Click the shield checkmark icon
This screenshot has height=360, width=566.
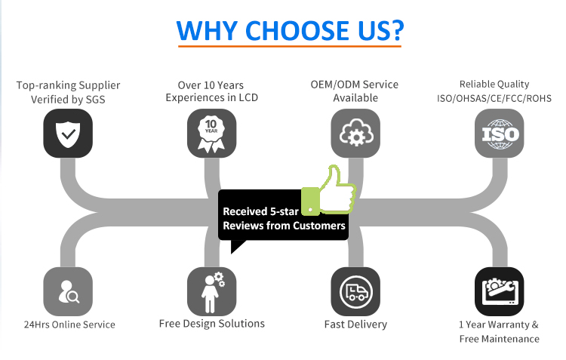point(68,134)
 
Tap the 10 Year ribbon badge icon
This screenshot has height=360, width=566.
point(211,134)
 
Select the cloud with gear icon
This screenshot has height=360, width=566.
point(355,134)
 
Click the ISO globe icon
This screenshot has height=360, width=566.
point(500,134)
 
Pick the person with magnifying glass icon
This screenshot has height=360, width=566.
point(68,292)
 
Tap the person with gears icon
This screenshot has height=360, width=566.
point(211,292)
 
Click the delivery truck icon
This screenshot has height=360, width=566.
point(355,292)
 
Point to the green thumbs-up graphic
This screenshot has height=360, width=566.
point(328,190)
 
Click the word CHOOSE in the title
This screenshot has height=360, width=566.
point(297,30)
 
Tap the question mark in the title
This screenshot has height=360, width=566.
point(397,30)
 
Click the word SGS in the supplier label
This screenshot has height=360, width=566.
point(95,100)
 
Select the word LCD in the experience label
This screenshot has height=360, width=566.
point(248,98)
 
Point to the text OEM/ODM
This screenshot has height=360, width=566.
point(335,85)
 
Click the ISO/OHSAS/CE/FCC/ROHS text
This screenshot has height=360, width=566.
point(494,99)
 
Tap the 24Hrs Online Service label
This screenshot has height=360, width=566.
point(69,325)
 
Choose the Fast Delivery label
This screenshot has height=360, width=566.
point(355,325)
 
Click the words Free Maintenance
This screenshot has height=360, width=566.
point(500,339)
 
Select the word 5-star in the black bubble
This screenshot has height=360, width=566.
point(285,211)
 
